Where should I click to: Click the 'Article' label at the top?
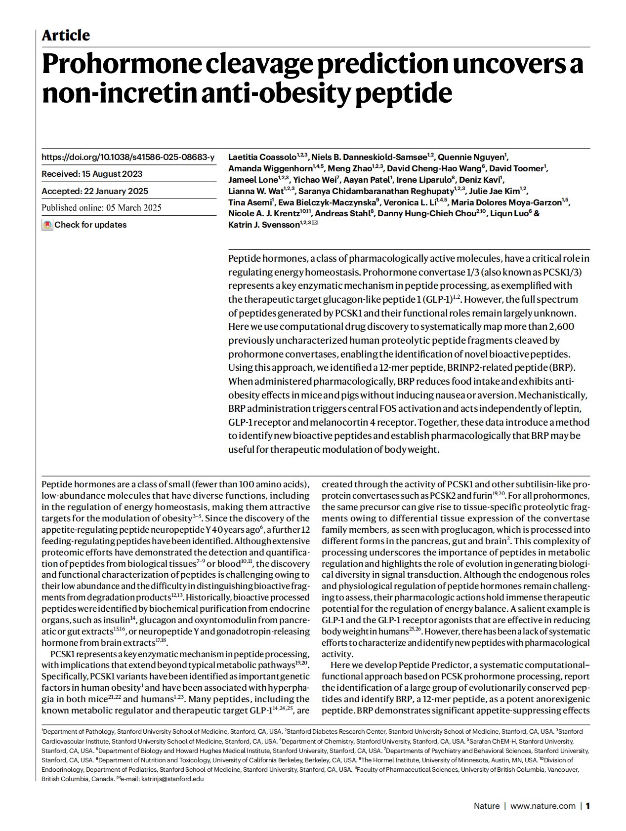click(66, 36)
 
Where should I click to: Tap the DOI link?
click(128, 157)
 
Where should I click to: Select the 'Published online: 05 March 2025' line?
click(101, 207)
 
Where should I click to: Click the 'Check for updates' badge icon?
click(47, 225)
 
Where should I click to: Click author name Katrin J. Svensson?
click(264, 225)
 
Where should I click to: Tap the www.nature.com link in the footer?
click(543, 806)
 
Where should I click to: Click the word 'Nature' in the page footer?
click(486, 806)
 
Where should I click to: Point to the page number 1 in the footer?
click(588, 806)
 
